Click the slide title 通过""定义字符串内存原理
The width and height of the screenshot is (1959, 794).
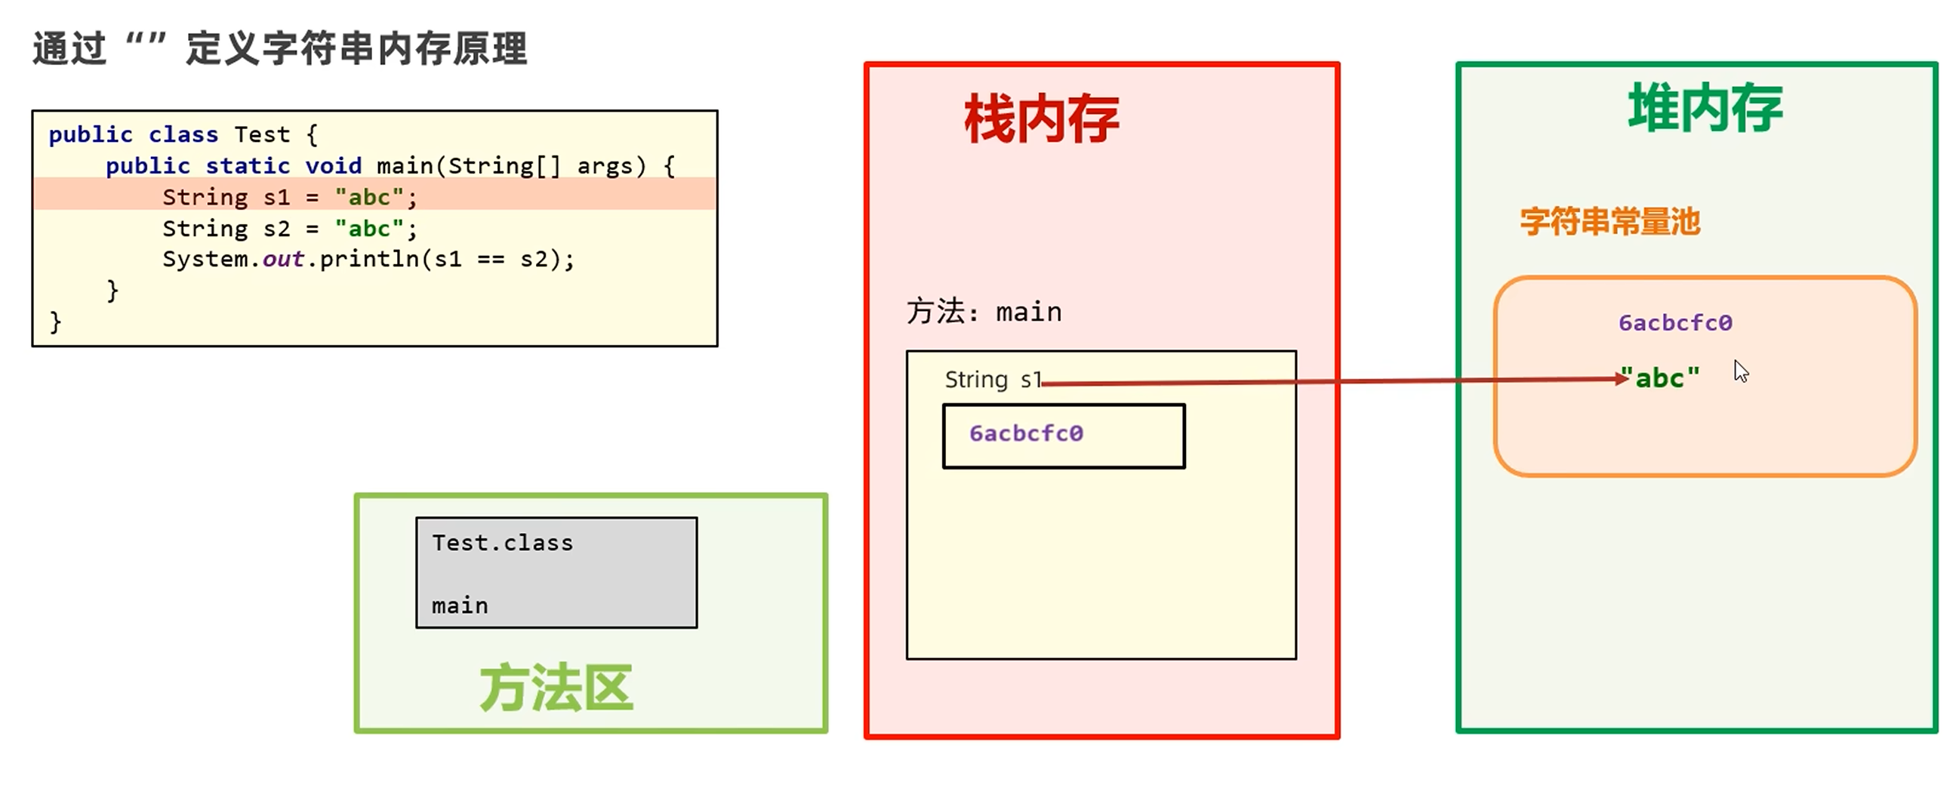click(x=279, y=48)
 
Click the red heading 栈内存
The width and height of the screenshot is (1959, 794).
click(x=1041, y=119)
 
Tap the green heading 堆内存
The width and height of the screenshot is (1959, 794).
click(x=1705, y=109)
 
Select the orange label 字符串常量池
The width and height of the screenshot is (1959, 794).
click(x=1609, y=222)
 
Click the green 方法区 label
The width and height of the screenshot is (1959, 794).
click(x=556, y=688)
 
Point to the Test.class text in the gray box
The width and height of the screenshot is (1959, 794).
click(x=502, y=543)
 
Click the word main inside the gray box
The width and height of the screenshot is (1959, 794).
click(x=459, y=605)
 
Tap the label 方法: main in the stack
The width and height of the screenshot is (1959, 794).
click(x=984, y=312)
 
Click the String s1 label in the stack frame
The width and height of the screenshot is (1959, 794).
click(x=992, y=380)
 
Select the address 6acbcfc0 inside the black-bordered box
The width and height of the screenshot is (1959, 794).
click(x=1026, y=433)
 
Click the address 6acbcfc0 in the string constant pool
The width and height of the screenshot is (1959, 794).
click(x=1674, y=323)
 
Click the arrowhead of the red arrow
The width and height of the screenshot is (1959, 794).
click(x=1622, y=378)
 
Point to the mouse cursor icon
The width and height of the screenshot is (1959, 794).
click(x=1741, y=372)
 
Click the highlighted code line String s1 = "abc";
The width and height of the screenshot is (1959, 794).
click(x=289, y=197)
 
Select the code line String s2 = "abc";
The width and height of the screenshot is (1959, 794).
click(x=289, y=228)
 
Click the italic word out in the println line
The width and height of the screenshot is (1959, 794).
click(x=283, y=260)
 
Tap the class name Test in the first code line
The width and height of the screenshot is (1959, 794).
click(x=262, y=134)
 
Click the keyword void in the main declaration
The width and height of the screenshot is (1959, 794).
click(x=332, y=166)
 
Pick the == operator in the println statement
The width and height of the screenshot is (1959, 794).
click(x=491, y=260)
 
